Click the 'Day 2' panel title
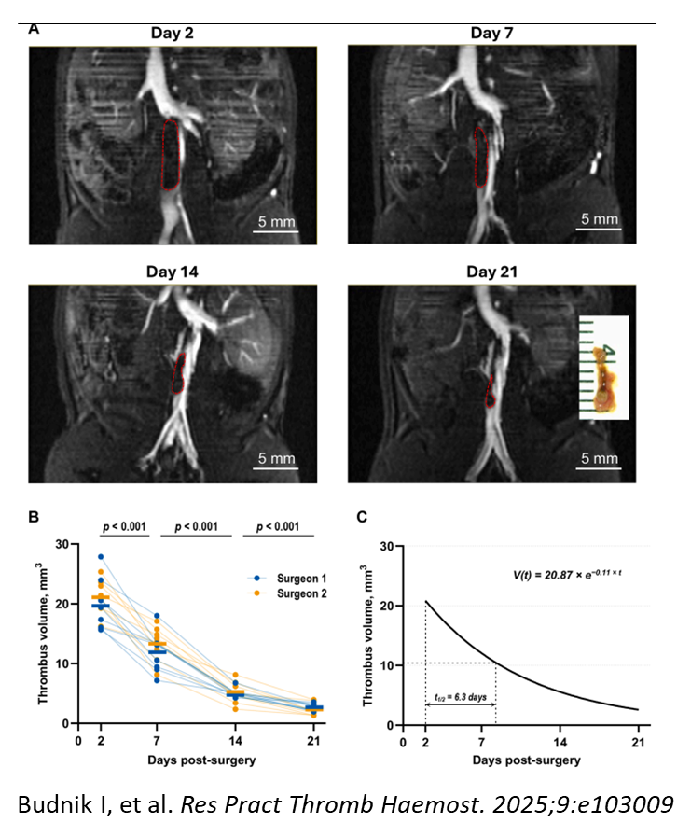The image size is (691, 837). pyautogui.click(x=173, y=35)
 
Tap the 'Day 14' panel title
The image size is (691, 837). pyautogui.click(x=173, y=272)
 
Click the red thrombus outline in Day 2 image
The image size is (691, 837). pyautogui.click(x=171, y=154)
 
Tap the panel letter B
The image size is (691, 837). pyautogui.click(x=34, y=517)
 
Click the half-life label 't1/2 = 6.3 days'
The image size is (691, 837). pyautogui.click(x=461, y=695)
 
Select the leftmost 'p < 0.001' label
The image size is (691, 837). pyautogui.click(x=125, y=527)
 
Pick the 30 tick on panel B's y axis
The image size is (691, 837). pyautogui.click(x=63, y=544)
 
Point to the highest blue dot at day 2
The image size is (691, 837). pyautogui.click(x=101, y=557)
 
